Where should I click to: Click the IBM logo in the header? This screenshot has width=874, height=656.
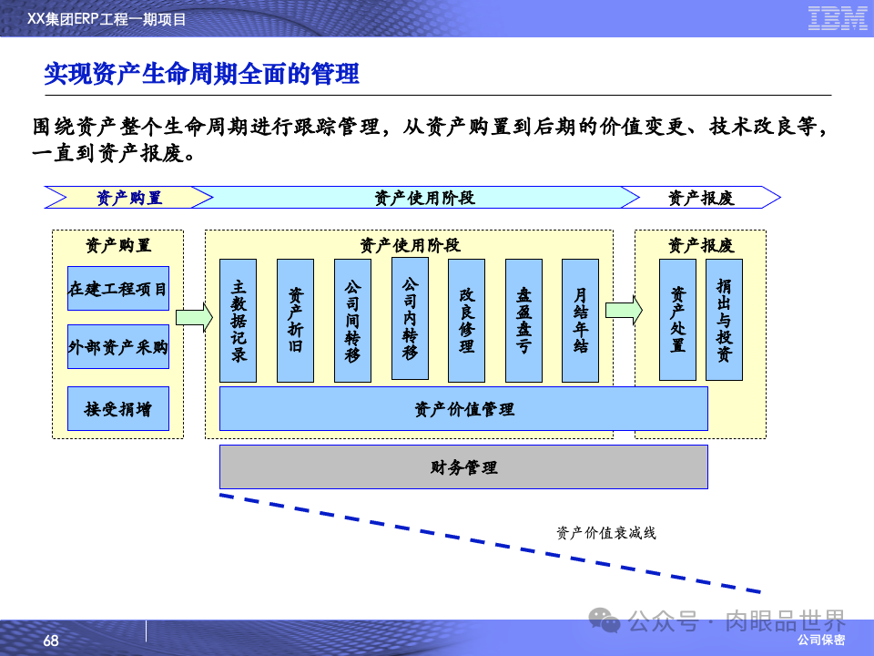pos(838,18)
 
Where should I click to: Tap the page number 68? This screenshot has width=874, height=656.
pos(51,641)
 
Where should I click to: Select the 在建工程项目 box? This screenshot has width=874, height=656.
pos(118,290)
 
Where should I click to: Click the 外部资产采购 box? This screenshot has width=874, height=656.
pos(118,347)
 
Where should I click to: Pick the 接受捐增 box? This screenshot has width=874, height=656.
pos(118,409)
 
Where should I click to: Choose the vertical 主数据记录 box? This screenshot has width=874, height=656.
pos(239,321)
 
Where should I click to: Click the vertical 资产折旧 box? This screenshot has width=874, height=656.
pos(295,321)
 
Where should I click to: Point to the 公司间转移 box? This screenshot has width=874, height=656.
pos(352,321)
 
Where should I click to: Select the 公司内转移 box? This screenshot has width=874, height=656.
pos(410,318)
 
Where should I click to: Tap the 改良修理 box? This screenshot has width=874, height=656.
pos(466,321)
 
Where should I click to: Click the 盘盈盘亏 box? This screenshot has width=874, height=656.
pos(523,321)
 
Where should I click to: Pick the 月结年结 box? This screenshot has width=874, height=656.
pos(580,321)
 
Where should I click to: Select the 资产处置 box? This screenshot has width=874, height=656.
pos(677,320)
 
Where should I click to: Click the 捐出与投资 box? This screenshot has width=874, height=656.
pos(724,320)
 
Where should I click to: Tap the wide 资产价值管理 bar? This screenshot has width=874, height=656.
pos(463,409)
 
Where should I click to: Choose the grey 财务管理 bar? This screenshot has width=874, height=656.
pos(463,467)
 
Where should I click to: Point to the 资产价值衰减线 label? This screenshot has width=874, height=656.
pos(605,533)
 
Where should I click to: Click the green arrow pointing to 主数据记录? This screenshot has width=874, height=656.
pos(193,316)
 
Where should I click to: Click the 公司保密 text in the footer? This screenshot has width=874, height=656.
pos(820,641)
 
